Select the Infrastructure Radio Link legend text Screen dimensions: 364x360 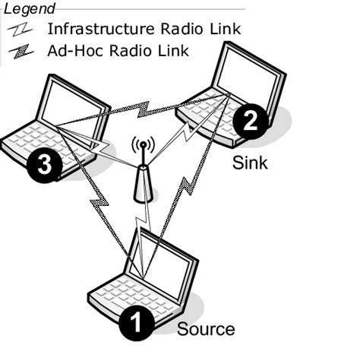click(144, 30)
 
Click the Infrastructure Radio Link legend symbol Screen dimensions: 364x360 click(23, 30)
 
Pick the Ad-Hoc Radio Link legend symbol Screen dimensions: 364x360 click(23, 51)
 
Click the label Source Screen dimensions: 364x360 click(206, 329)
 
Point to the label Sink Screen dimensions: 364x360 click(251, 163)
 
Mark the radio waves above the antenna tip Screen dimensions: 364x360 click(141, 143)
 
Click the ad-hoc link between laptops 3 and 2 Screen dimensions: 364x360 click(144, 111)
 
